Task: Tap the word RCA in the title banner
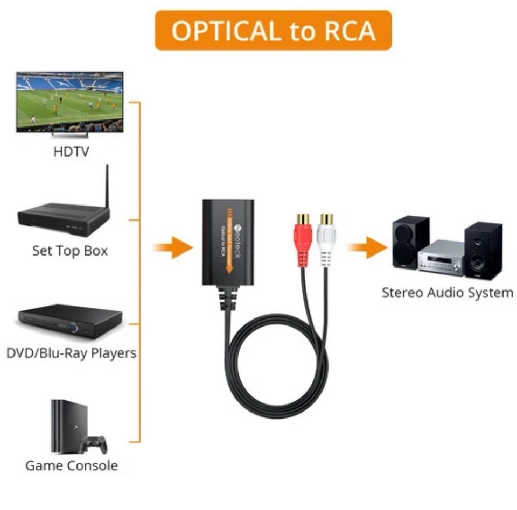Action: click(344, 31)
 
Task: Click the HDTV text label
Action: click(71, 152)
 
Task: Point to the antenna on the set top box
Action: click(106, 186)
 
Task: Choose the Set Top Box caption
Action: click(70, 251)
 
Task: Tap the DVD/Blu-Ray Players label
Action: click(71, 353)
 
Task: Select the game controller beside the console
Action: click(94, 444)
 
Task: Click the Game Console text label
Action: click(71, 465)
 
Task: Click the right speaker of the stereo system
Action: click(483, 250)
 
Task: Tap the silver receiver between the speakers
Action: click(441, 258)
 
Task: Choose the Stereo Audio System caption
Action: click(447, 293)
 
